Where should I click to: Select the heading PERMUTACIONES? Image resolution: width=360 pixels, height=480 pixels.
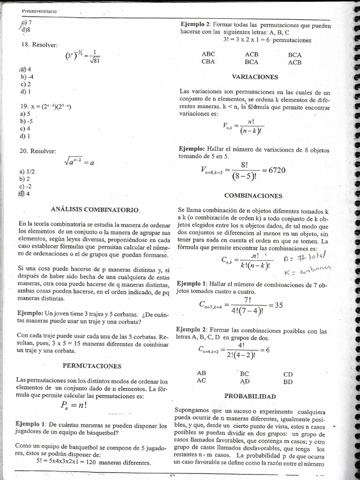[x=92, y=366]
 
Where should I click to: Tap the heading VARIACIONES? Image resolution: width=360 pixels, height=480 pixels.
[x=255, y=77]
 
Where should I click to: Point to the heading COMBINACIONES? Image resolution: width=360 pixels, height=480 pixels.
[x=253, y=195]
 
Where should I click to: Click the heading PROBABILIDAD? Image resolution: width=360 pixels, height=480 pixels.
[x=250, y=396]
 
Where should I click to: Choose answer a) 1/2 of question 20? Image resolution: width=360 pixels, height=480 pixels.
[x=27, y=172]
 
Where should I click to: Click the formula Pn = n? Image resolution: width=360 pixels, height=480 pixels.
[x=74, y=405]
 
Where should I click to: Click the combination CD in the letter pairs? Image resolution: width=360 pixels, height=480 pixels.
[x=288, y=374]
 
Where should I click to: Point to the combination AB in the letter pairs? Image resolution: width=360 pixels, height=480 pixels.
[x=202, y=373]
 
